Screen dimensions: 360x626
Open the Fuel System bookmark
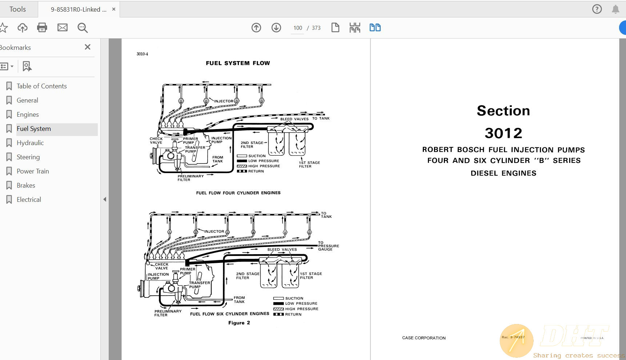[34, 129]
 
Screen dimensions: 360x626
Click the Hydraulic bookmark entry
[30, 143]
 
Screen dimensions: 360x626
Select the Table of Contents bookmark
[41, 86]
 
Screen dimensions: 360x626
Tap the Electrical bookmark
[29, 200]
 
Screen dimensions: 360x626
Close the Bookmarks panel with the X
[87, 47]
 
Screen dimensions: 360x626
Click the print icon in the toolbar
[42, 28]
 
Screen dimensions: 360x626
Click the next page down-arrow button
[276, 28]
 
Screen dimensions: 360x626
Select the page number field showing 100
[297, 28]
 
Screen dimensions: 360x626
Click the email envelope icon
[63, 28]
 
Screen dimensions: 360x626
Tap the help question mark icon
[597, 9]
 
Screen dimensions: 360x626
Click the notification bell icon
[615, 9]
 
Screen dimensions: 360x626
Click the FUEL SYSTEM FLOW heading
[238, 63]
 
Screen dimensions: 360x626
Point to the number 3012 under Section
[503, 133]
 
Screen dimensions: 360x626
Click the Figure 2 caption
[239, 323]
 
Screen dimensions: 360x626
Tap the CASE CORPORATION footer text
[424, 338]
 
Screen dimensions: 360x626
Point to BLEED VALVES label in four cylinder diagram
[294, 119]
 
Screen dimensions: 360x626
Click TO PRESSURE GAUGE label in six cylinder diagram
[328, 246]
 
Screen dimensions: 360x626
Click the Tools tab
[17, 9]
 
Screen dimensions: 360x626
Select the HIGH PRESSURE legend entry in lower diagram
[301, 309]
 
